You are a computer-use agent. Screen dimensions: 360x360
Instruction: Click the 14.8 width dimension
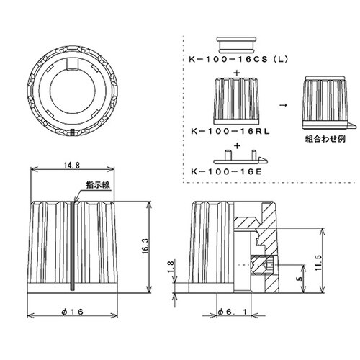coord(72,165)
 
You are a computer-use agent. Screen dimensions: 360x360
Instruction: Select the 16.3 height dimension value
coord(145,246)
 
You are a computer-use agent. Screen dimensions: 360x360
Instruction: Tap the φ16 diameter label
coord(72,312)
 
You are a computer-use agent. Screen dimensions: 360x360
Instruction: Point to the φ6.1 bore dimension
coord(233,312)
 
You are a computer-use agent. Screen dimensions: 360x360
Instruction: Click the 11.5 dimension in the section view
coord(318,263)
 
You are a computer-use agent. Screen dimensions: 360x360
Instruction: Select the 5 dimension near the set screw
coord(300,279)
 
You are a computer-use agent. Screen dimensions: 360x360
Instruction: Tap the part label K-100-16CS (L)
coord(238,60)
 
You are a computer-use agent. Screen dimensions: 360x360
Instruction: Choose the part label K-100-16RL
coord(230,131)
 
